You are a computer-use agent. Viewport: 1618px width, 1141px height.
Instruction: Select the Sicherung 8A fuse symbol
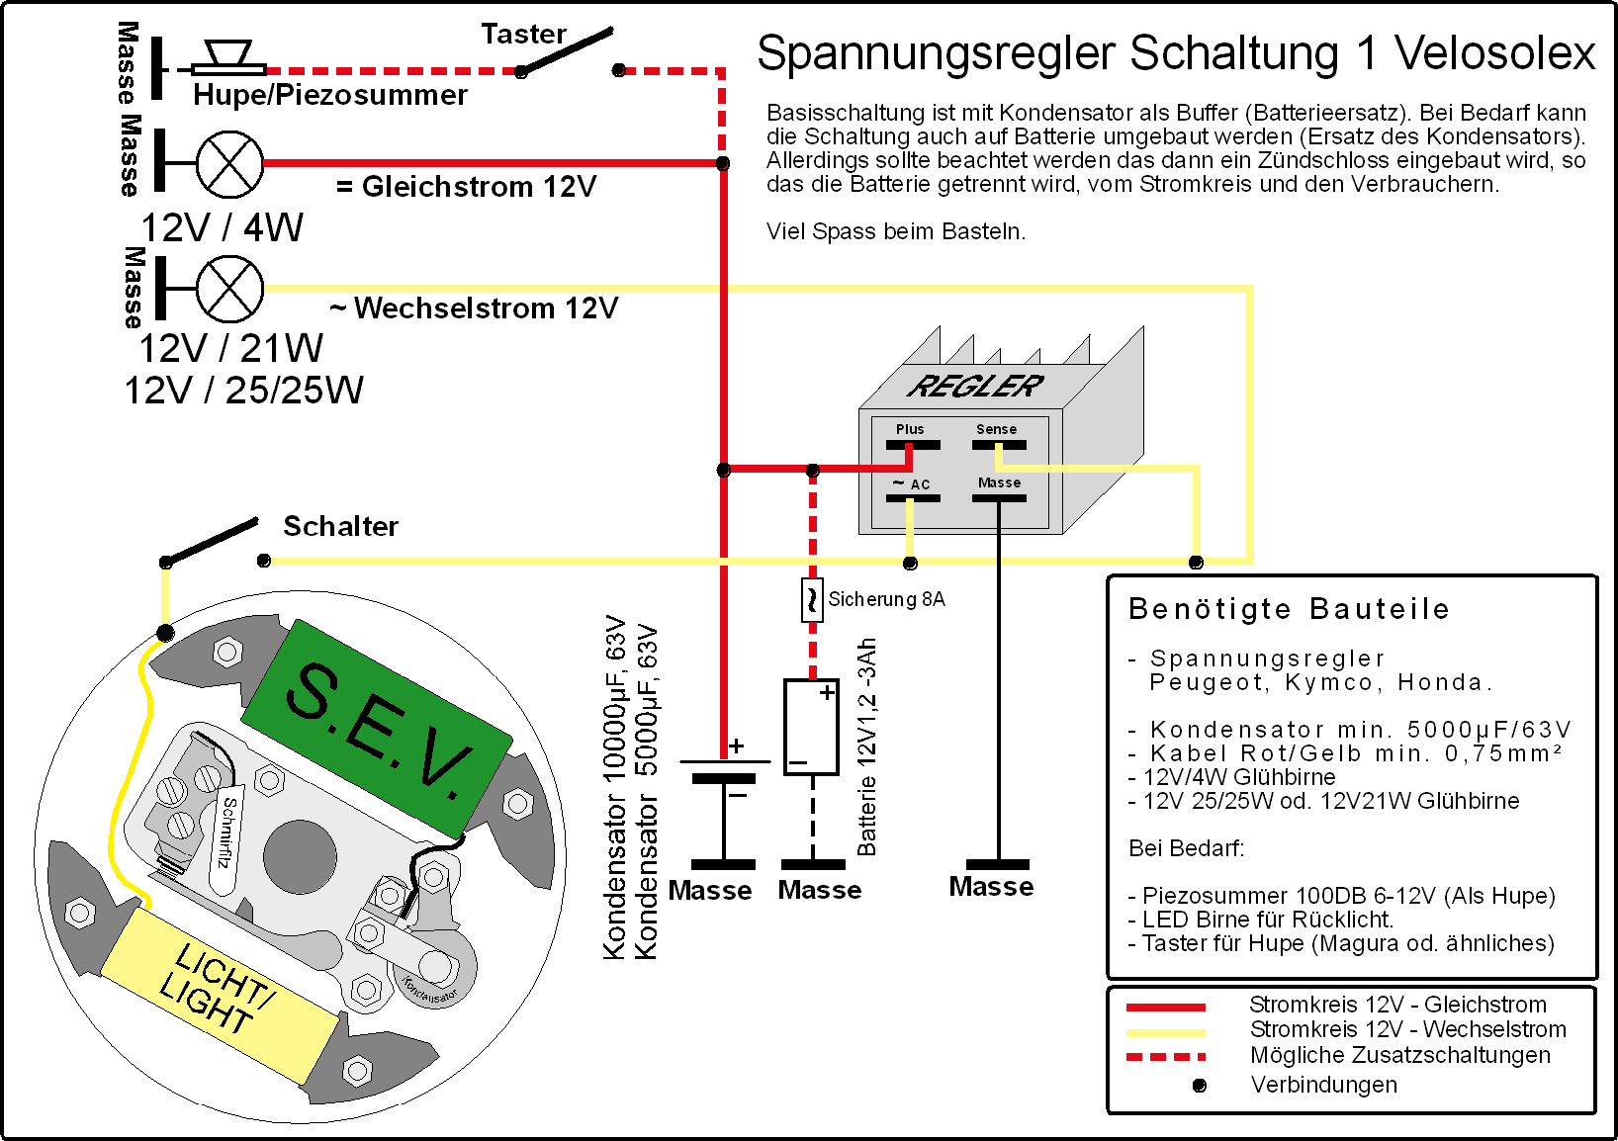point(812,599)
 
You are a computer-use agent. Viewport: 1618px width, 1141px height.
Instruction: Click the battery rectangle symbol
point(811,727)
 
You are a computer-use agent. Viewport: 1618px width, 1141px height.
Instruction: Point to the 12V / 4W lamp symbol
point(229,164)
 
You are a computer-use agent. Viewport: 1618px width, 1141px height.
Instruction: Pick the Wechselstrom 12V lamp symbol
point(229,289)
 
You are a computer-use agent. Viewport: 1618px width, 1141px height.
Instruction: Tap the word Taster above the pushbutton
point(523,35)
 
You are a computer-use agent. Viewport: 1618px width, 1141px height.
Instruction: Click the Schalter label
point(340,526)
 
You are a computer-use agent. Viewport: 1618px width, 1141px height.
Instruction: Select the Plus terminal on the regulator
point(912,445)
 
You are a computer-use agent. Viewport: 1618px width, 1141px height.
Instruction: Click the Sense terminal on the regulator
point(998,445)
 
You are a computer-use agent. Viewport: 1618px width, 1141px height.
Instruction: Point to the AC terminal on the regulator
point(912,497)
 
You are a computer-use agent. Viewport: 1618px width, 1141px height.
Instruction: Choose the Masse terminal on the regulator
point(999,497)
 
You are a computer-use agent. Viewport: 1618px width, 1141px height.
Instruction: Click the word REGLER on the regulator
point(975,387)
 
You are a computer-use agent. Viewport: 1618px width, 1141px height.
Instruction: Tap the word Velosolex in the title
point(1494,53)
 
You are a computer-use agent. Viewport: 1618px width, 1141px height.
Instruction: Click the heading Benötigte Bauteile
point(1289,609)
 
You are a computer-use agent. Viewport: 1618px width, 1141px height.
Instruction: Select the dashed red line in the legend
point(1166,1057)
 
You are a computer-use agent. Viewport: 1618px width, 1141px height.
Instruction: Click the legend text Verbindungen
point(1323,1085)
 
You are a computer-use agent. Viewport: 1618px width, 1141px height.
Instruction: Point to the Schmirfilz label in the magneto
point(226,831)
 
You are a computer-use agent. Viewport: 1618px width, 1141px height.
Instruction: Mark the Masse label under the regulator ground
point(991,887)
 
